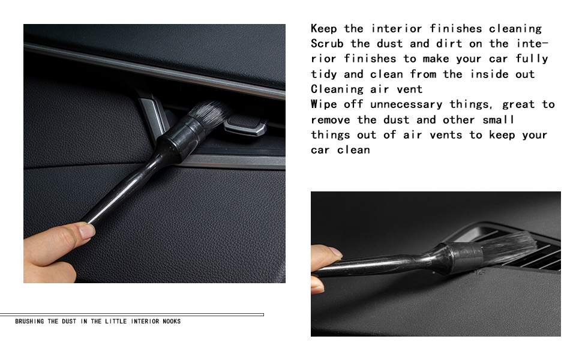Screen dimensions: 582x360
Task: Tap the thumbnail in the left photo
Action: tap(87, 231)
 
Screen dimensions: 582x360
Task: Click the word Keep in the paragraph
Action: tap(323, 29)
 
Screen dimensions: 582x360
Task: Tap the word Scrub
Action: tap(327, 43)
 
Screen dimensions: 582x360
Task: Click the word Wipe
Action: tap(323, 104)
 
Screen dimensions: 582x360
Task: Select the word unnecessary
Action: tap(406, 105)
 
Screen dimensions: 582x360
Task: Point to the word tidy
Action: tap(323, 74)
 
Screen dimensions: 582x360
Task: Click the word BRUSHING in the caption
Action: tap(29, 322)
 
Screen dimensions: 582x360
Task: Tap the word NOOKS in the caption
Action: tap(172, 322)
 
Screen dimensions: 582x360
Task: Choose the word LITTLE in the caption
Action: tap(116, 322)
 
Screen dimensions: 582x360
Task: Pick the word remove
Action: tap(331, 120)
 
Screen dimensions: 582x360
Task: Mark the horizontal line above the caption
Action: tap(132, 315)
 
